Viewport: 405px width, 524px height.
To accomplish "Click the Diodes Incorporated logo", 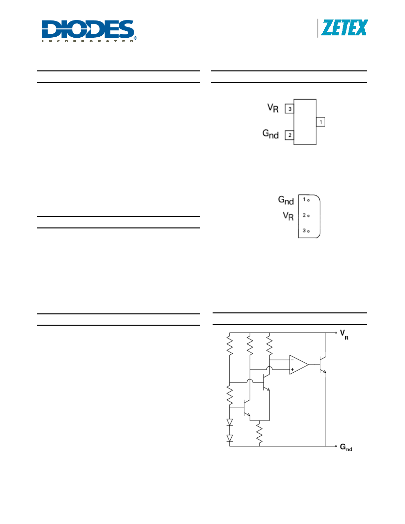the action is pyautogui.click(x=90, y=31).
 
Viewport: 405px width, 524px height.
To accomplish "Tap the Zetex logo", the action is pyautogui.click(x=344, y=28).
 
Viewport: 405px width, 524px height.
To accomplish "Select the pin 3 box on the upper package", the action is pyautogui.click(x=289, y=109).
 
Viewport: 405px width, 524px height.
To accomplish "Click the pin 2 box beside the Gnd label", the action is pyautogui.click(x=289, y=135).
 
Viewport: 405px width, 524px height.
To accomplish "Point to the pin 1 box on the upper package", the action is pyautogui.click(x=321, y=122).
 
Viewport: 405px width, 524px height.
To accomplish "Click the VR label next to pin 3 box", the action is pyautogui.click(x=273, y=108).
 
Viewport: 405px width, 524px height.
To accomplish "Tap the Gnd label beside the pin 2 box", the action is pyautogui.click(x=270, y=134).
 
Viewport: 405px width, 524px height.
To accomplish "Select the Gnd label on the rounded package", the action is pyautogui.click(x=286, y=200).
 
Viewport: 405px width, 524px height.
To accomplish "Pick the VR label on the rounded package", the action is pyautogui.click(x=288, y=216).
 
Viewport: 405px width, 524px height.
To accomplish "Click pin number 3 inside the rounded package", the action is pyautogui.click(x=304, y=230).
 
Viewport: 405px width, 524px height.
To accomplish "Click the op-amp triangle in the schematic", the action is pyautogui.click(x=299, y=365).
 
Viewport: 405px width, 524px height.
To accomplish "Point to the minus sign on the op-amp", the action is pyautogui.click(x=292, y=360).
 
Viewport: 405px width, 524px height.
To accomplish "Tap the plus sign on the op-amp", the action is pyautogui.click(x=292, y=369).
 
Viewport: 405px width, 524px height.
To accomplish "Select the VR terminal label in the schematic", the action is pyautogui.click(x=344, y=335).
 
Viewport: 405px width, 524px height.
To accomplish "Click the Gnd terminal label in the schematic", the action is pyautogui.click(x=346, y=447).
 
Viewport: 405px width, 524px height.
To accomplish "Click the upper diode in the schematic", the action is pyautogui.click(x=230, y=422).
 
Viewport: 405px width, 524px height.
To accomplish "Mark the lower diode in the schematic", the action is pyautogui.click(x=230, y=438).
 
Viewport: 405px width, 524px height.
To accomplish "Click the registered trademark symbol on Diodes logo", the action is pyautogui.click(x=136, y=38).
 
